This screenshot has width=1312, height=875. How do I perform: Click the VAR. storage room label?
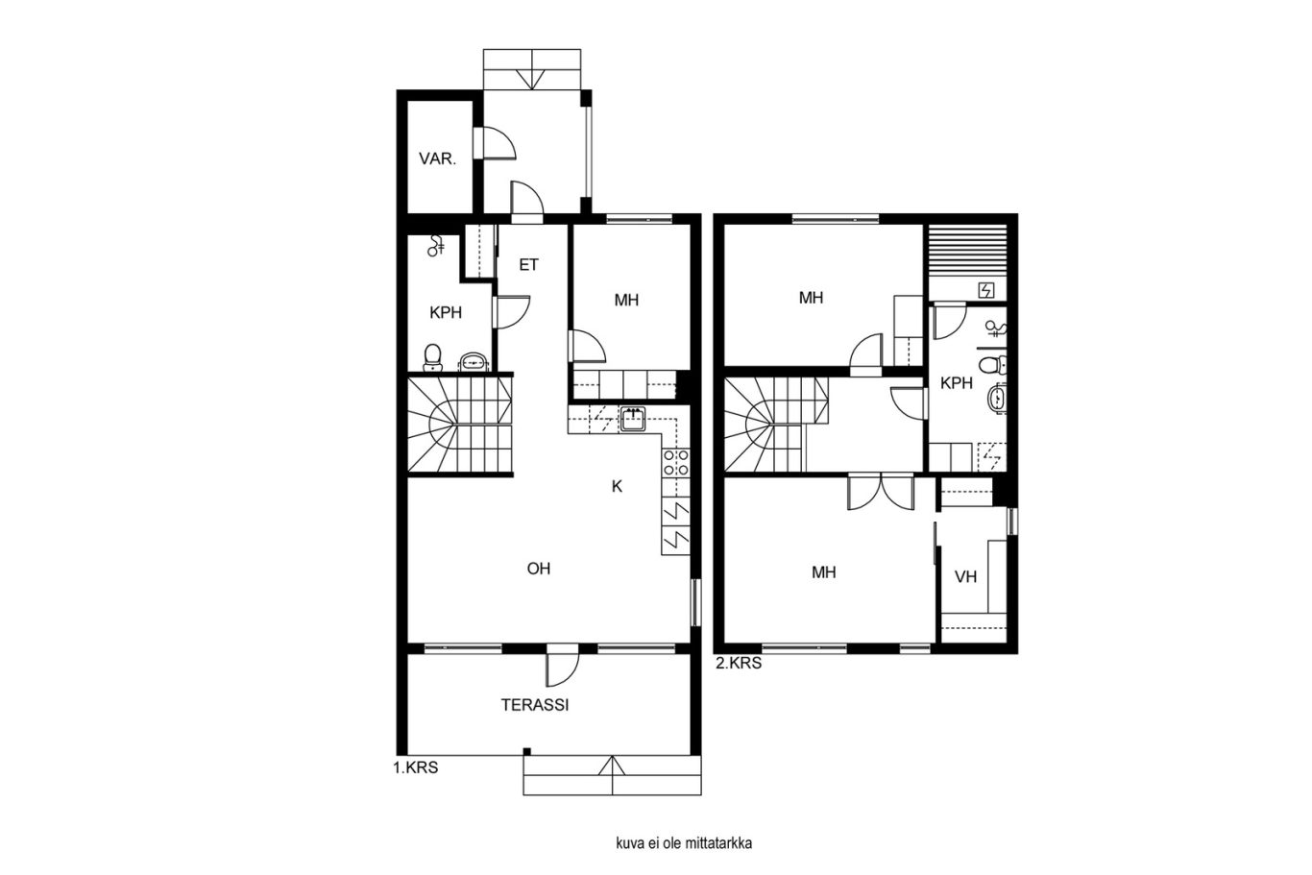(x=438, y=158)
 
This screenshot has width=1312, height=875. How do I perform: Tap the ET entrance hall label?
(x=528, y=265)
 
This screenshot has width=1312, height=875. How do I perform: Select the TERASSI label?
(x=535, y=705)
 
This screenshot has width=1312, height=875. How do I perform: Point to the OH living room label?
(x=538, y=569)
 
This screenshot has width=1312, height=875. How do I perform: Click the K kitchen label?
(x=617, y=486)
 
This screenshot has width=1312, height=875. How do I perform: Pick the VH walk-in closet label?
(x=966, y=577)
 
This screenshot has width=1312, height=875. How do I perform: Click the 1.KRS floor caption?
(x=416, y=767)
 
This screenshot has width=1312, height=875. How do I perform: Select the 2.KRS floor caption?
(x=740, y=664)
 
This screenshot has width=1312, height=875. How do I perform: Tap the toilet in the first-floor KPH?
(x=432, y=358)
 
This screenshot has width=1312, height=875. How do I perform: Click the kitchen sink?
(x=633, y=420)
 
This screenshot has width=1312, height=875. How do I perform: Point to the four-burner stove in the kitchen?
(x=676, y=462)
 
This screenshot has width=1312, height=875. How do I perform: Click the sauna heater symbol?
(x=987, y=290)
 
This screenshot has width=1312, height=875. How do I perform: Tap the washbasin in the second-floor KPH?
(x=996, y=399)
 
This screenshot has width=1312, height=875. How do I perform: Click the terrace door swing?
(x=562, y=668)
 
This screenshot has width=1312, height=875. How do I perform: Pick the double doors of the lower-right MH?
(x=881, y=493)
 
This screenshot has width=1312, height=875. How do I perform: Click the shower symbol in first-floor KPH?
(x=436, y=246)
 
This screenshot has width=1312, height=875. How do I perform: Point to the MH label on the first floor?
(x=626, y=301)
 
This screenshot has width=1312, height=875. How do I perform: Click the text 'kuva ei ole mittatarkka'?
(x=684, y=843)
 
